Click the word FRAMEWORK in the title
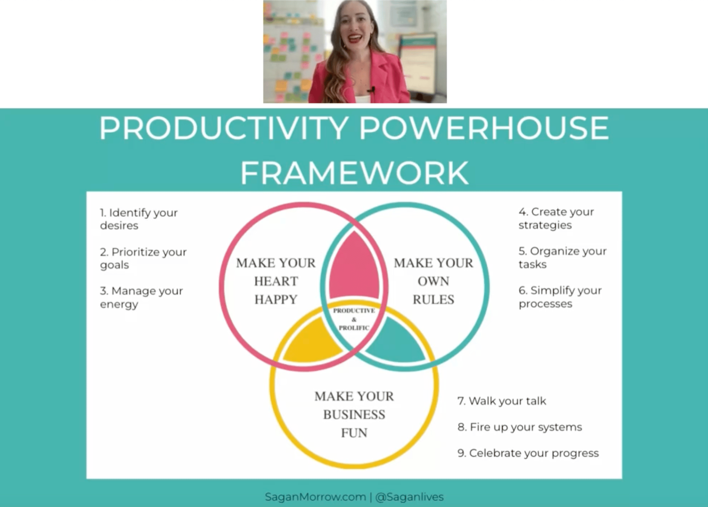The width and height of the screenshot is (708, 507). click(354, 173)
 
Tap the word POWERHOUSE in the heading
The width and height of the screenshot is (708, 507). click(484, 128)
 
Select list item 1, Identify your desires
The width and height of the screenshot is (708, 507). click(139, 219)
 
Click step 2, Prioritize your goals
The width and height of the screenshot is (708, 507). click(143, 258)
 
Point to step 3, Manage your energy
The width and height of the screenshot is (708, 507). click(141, 297)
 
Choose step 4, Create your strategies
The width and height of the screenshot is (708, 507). click(556, 218)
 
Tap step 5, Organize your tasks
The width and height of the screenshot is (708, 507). click(562, 257)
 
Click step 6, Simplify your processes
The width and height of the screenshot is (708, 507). click(560, 297)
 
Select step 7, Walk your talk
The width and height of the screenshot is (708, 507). click(502, 401)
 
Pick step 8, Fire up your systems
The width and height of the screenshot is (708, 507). click(520, 427)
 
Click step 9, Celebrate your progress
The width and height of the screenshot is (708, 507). click(528, 453)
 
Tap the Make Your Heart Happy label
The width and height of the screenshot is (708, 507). click(276, 281)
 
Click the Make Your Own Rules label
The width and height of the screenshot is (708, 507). click(433, 281)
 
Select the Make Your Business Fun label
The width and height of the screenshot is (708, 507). click(354, 414)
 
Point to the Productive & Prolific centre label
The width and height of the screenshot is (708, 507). click(354, 319)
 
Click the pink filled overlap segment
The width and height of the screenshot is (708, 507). click(354, 269)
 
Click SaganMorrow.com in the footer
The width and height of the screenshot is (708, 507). click(315, 497)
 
